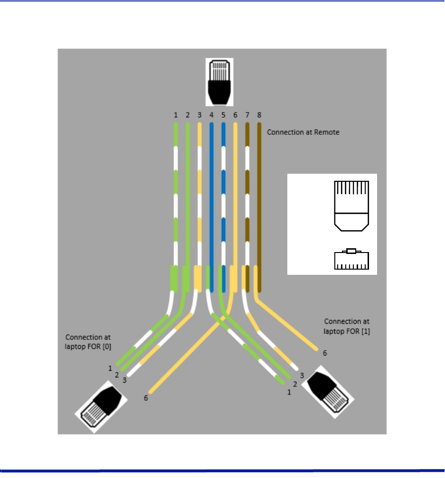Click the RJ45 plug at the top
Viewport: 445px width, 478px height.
pos(219,82)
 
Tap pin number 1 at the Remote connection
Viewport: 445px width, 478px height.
pos(175,115)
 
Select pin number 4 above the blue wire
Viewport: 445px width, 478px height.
pos(211,115)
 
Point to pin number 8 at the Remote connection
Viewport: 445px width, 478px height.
pos(259,115)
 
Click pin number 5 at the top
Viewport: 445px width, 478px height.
pos(223,115)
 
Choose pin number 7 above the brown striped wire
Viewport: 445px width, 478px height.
pos(247,115)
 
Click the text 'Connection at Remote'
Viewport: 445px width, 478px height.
pos(303,132)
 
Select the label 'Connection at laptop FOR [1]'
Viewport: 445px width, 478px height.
pos(346,327)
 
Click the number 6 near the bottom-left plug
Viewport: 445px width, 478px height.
pos(146,398)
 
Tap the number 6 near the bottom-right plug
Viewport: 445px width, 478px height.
pos(325,353)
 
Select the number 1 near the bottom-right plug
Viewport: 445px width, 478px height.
pos(288,393)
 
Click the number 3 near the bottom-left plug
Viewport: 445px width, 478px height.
pos(124,380)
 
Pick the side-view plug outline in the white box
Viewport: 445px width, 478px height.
pos(351,206)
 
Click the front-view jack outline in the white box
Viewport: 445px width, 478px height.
pos(351,259)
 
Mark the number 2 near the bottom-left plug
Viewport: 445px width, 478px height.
pos(117,375)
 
